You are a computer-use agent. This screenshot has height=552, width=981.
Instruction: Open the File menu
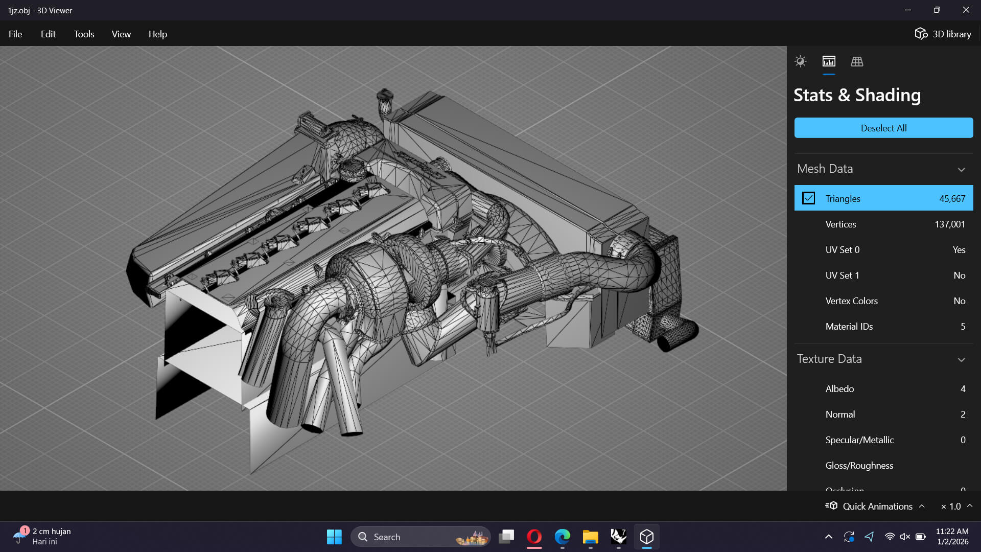(x=15, y=34)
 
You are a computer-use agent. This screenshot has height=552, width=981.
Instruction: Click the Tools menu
(x=84, y=34)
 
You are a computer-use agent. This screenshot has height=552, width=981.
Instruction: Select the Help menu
(x=157, y=34)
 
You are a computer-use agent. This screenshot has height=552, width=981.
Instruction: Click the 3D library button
(x=943, y=34)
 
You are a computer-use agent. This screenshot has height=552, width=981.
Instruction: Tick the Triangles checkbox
(x=808, y=198)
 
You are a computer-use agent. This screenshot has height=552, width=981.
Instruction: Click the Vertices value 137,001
(x=949, y=224)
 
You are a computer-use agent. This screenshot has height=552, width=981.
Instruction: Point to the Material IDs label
(x=849, y=327)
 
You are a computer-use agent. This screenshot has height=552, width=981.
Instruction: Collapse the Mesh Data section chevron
(x=961, y=170)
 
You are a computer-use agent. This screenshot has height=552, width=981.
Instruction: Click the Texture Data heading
(x=829, y=359)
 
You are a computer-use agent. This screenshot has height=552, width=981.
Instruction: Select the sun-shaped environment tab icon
(x=800, y=62)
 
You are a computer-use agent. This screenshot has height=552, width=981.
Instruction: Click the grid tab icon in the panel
(x=857, y=62)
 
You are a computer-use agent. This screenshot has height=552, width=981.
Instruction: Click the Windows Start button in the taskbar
(x=334, y=537)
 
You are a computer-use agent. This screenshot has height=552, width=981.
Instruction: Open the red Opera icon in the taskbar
(x=534, y=537)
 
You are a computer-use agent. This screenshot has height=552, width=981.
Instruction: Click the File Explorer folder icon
(x=590, y=537)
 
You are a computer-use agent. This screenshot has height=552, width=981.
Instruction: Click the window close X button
(x=966, y=10)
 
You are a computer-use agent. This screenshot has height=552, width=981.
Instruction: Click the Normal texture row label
(x=840, y=415)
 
